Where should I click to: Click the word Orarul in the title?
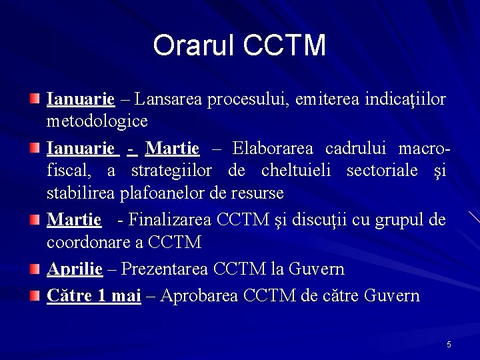pyautogui.click(x=194, y=45)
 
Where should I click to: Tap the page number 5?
pyautogui.click(x=449, y=344)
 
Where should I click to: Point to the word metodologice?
pyautogui.click(x=97, y=122)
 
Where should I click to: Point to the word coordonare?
pyautogui.click(x=87, y=241)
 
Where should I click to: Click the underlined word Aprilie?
pyautogui.click(x=75, y=269)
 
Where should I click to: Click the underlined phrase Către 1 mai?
pyautogui.click(x=93, y=295)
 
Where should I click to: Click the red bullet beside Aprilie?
pyautogui.click(x=34, y=268)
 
